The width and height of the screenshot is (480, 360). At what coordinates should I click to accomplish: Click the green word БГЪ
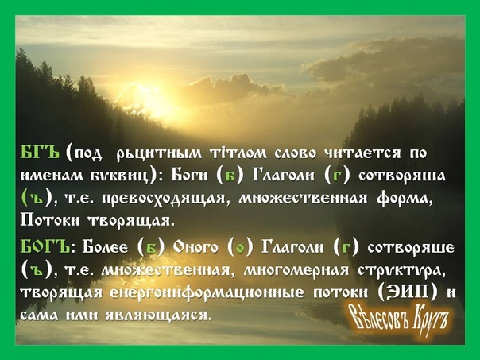click(40, 151)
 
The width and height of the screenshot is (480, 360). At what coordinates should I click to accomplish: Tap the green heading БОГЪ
click(45, 246)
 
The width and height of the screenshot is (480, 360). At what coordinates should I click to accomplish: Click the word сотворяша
click(402, 176)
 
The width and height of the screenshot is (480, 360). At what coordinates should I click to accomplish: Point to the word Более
click(106, 247)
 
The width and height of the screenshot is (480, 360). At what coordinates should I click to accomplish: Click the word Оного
click(195, 247)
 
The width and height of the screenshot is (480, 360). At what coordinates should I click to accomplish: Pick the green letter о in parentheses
click(241, 248)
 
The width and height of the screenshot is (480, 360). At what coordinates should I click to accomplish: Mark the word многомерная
click(296, 270)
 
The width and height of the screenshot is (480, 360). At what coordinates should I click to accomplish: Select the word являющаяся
click(158, 315)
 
